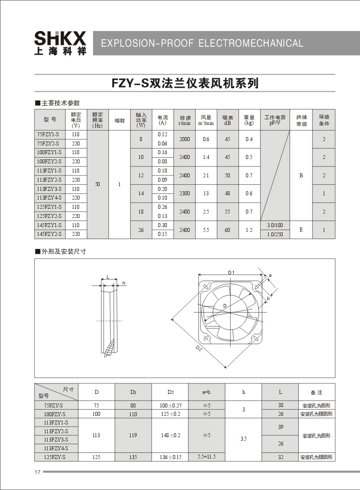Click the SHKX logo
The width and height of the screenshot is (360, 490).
pyautogui.click(x=60, y=43)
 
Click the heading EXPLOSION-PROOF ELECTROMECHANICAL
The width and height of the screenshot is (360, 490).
pyautogui.click(x=202, y=43)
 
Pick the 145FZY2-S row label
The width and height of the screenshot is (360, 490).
pyautogui.click(x=49, y=234)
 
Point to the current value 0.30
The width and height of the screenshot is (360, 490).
pyautogui.click(x=163, y=225)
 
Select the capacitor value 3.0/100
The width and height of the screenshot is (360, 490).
pyautogui.click(x=275, y=225)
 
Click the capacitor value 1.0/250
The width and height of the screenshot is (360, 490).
pyautogui.click(x=275, y=234)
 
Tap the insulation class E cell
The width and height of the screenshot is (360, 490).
pyautogui.click(x=301, y=230)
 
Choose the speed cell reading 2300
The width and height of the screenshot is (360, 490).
pyautogui.click(x=184, y=193)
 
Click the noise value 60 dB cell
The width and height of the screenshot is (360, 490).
pyautogui.click(x=228, y=230)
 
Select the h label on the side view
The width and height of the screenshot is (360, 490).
pyautogui.click(x=124, y=283)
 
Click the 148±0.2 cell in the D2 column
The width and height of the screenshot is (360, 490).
pyautogui.click(x=170, y=435)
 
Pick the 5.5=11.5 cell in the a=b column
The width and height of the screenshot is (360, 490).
pyautogui.click(x=207, y=457)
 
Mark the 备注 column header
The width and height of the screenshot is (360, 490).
pyautogui.click(x=316, y=392)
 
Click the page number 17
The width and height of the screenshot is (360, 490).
pyautogui.click(x=37, y=472)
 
